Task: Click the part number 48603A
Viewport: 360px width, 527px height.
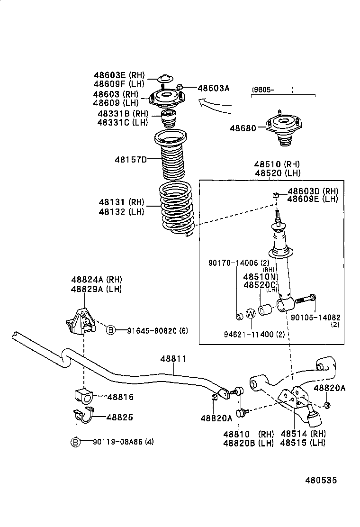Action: pyautogui.click(x=213, y=88)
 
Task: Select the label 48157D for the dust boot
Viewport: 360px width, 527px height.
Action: pyautogui.click(x=130, y=159)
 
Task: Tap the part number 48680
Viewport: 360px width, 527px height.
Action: pyautogui.click(x=243, y=128)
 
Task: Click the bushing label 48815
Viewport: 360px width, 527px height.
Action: pyautogui.click(x=120, y=397)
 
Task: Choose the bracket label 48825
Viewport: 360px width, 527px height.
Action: pyautogui.click(x=119, y=417)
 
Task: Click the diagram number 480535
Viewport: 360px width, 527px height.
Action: pyautogui.click(x=320, y=480)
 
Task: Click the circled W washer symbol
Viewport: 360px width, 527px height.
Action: pyautogui.click(x=251, y=313)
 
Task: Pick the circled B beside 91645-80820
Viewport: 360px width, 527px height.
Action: pyautogui.click(x=110, y=330)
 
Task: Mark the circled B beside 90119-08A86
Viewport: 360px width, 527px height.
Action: pyautogui.click(x=75, y=442)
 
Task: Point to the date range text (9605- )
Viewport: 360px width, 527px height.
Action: pyautogui.click(x=272, y=89)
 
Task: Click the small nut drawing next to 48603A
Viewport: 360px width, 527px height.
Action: pyautogui.click(x=180, y=86)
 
